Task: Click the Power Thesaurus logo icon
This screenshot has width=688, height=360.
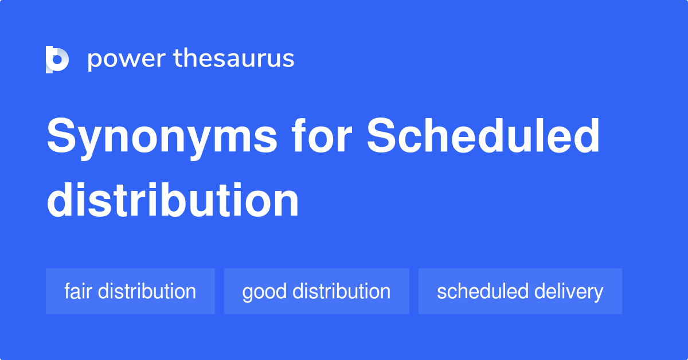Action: click(x=57, y=59)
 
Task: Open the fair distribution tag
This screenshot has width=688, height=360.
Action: click(x=130, y=291)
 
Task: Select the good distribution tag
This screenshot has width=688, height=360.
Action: click(x=316, y=291)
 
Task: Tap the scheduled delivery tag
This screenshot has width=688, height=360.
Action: click(x=520, y=291)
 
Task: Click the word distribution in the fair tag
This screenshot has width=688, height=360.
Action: click(x=147, y=291)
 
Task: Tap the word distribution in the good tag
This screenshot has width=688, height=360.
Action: click(x=342, y=291)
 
